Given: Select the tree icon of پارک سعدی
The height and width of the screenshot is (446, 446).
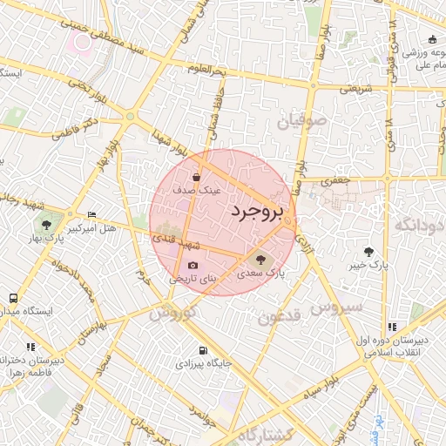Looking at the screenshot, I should [x=260, y=259].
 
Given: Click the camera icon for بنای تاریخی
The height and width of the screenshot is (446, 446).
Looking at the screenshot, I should [x=193, y=266].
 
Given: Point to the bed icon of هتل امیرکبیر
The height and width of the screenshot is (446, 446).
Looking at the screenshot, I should [x=92, y=215].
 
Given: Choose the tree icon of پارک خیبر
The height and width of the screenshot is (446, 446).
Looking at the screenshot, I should [x=376, y=251].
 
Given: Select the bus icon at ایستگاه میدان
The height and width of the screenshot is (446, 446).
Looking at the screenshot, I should [x=13, y=298].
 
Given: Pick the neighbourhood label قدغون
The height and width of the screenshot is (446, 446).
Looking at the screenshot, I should [x=279, y=317].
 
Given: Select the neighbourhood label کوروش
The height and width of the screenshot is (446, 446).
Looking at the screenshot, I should [x=171, y=313].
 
